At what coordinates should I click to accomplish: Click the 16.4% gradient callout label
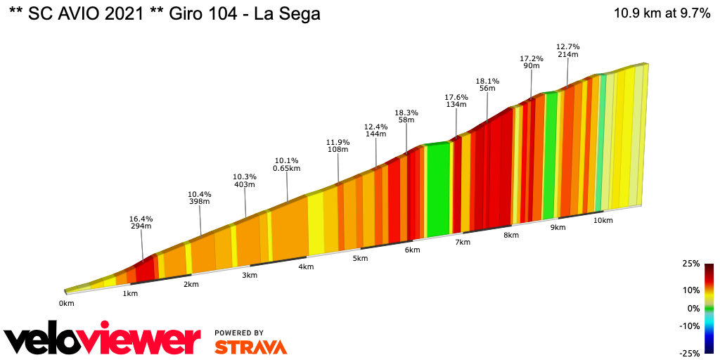coord(142,223)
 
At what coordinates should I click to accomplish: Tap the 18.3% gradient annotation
coord(406,117)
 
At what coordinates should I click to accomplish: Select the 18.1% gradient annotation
coord(487,85)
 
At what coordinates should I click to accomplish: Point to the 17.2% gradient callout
coord(531,62)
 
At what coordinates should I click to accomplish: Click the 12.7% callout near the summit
coord(567,51)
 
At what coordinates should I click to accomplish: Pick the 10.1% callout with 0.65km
coord(287,164)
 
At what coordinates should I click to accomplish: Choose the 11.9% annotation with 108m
coord(338,146)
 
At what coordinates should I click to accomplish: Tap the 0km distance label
coord(66,304)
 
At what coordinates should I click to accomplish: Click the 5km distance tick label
coord(360,259)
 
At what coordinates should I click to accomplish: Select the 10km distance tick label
coord(603,221)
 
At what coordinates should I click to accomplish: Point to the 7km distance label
coord(462,243)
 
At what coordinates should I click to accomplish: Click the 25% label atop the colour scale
coord(690,264)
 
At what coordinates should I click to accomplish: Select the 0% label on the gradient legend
coord(693,308)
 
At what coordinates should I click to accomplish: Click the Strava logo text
coord(250,347)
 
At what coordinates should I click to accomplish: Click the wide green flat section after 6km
coord(438,190)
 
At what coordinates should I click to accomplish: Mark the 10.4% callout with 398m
coord(200,198)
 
